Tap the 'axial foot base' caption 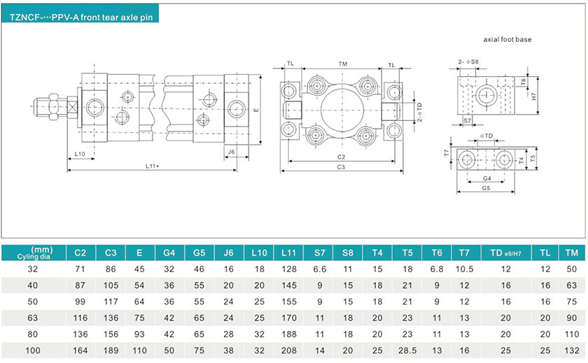[507, 40]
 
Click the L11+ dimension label [153, 166]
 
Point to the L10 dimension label [80, 153]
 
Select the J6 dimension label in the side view [231, 150]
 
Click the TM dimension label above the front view [342, 64]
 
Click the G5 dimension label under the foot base [486, 187]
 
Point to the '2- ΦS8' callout [469, 62]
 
